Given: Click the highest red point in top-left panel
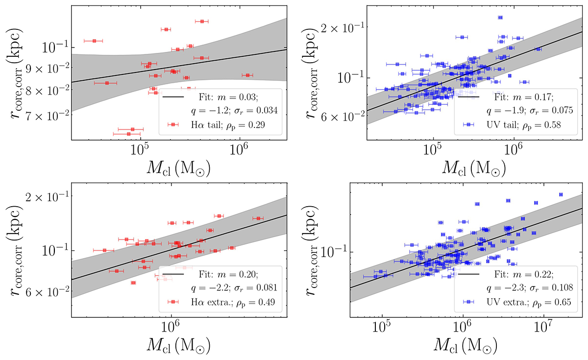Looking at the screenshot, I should (202, 22).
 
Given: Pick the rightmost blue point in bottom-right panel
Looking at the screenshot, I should (561, 194).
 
